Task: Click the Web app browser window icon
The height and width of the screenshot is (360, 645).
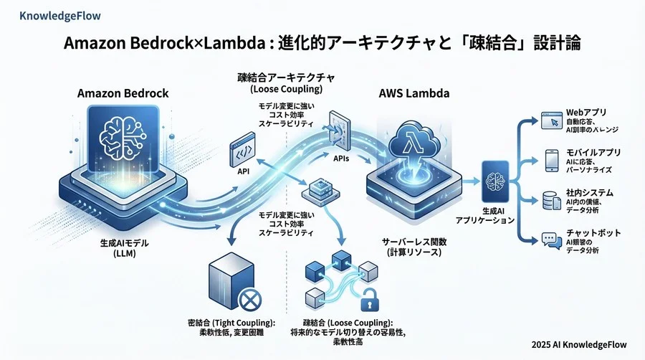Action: click(x=550, y=120)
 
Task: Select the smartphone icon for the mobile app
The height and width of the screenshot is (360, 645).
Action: click(x=551, y=159)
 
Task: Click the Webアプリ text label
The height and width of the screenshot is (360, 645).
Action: click(x=586, y=113)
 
